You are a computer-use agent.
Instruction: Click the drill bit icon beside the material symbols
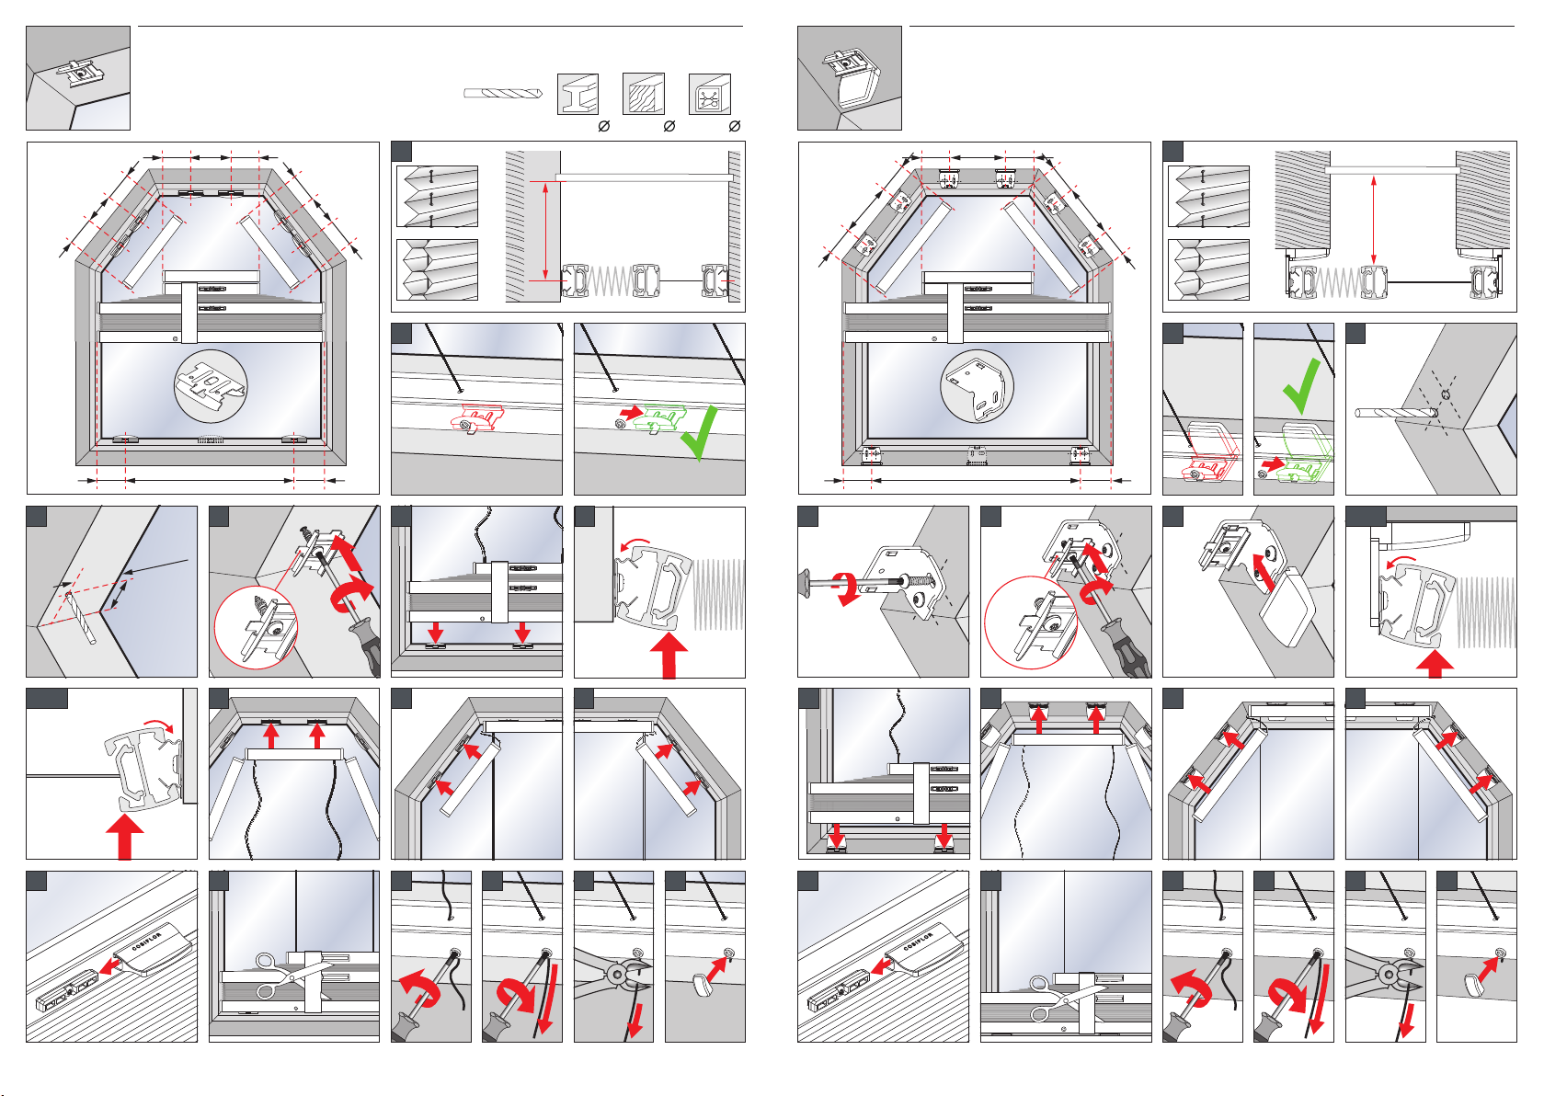coord(503,93)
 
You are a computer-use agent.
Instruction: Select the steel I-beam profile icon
coord(578,94)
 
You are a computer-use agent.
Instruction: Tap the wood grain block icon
coord(643,94)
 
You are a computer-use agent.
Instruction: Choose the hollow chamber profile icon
coord(709,94)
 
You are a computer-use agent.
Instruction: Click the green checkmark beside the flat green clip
coord(699,432)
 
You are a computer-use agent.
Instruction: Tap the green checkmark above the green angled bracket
coord(1301,386)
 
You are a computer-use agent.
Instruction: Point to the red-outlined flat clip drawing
coord(475,419)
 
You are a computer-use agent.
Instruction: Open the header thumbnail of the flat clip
coord(78,78)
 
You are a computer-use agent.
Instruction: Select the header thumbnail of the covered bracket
coord(849,78)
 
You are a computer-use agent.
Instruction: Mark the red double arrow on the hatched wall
coord(545,231)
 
